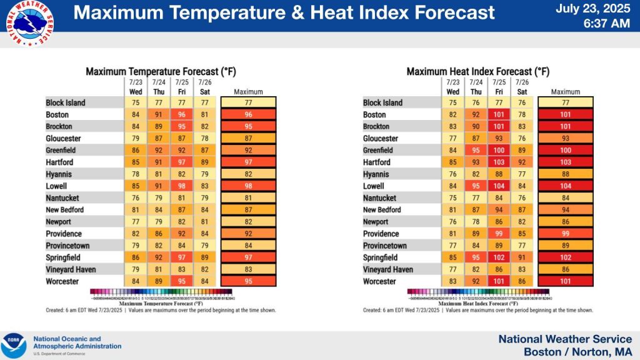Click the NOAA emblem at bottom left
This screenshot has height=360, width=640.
14,346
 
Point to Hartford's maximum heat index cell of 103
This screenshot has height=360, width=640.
565,162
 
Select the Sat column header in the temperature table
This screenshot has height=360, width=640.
205,91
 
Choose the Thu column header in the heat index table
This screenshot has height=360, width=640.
476,91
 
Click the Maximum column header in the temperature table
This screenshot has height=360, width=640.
248,92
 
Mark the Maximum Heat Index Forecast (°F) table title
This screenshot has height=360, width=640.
478,71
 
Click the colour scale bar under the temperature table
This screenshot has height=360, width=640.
161,291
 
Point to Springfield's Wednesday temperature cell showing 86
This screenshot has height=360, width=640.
136,257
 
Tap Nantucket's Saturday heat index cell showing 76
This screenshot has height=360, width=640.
522,198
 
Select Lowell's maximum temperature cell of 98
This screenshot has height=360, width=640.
248,186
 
